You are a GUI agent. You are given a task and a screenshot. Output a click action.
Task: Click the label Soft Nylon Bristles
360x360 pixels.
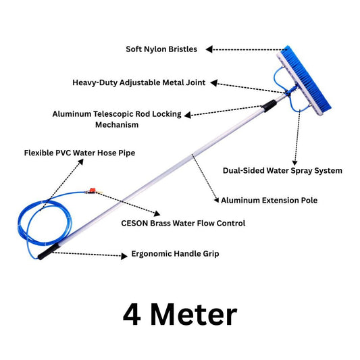(x=163, y=49)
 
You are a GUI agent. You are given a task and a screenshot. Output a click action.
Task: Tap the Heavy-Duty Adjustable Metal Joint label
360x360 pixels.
(x=139, y=82)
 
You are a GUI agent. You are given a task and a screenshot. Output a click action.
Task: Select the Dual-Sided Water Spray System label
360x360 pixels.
(x=282, y=171)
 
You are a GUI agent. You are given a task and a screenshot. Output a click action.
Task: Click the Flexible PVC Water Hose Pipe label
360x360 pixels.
(x=80, y=153)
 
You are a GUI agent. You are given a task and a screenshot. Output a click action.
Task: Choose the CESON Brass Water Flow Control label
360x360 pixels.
(x=183, y=223)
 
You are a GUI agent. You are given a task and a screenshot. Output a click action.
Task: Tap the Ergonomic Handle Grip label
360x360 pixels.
(x=175, y=255)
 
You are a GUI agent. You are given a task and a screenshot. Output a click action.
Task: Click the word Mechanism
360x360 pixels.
(x=117, y=125)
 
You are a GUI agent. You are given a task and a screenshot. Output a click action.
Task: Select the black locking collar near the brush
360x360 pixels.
(x=269, y=105)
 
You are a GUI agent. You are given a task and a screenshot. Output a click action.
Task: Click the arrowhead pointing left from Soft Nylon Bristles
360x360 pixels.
(x=209, y=49)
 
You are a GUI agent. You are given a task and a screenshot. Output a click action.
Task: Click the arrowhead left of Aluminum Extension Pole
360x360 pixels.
(x=215, y=200)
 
